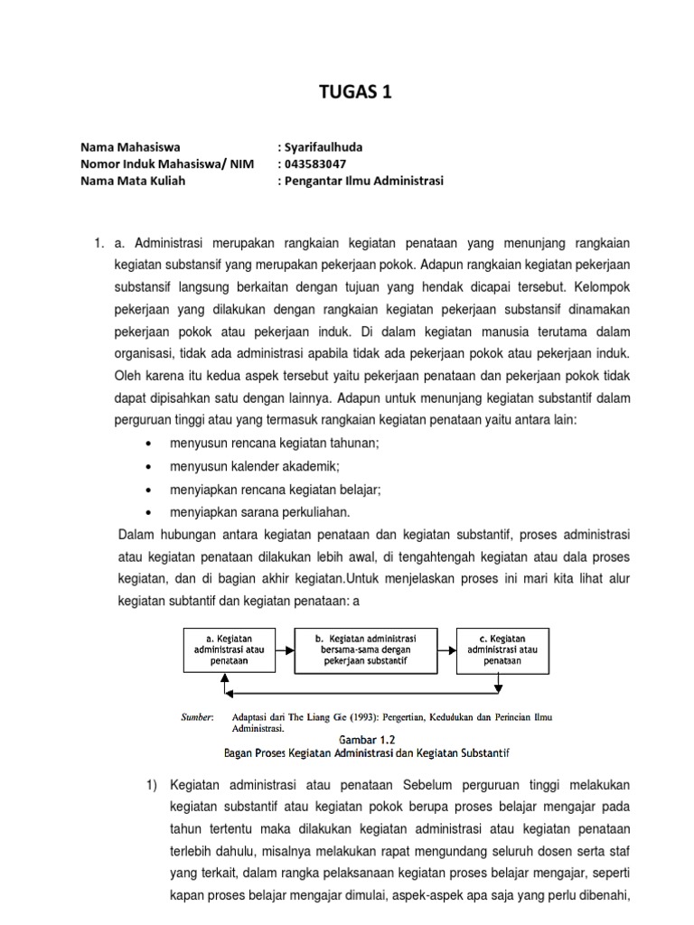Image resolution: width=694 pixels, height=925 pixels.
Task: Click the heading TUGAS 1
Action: pyautogui.click(x=347, y=92)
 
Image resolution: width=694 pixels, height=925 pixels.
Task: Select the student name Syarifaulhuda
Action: pyautogui.click(x=324, y=146)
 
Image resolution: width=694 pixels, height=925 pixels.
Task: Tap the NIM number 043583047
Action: pyautogui.click(x=314, y=164)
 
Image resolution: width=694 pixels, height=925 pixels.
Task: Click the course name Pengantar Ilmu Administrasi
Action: pyautogui.click(x=364, y=181)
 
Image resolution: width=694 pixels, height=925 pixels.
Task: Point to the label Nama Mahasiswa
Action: pyautogui.click(x=130, y=146)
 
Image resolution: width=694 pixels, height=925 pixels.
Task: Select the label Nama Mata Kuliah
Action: pyautogui.click(x=136, y=181)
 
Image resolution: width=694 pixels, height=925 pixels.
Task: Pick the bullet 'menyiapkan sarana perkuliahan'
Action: pyautogui.click(x=260, y=512)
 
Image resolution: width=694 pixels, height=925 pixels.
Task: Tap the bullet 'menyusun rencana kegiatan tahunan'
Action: pyautogui.click(x=274, y=443)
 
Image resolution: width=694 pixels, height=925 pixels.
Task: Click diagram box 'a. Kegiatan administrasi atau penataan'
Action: pyautogui.click(x=229, y=649)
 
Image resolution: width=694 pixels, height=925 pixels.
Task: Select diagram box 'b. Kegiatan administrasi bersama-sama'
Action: pyautogui.click(x=366, y=649)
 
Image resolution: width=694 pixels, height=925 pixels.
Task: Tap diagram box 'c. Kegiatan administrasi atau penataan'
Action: pyautogui.click(x=502, y=649)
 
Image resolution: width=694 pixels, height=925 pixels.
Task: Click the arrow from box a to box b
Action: pyautogui.click(x=285, y=649)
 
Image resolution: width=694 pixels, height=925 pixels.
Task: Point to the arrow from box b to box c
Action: pyautogui.click(x=447, y=649)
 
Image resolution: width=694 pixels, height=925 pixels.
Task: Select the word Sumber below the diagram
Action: pyautogui.click(x=198, y=717)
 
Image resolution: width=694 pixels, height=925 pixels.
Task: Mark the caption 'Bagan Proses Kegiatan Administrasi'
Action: pyautogui.click(x=367, y=752)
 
